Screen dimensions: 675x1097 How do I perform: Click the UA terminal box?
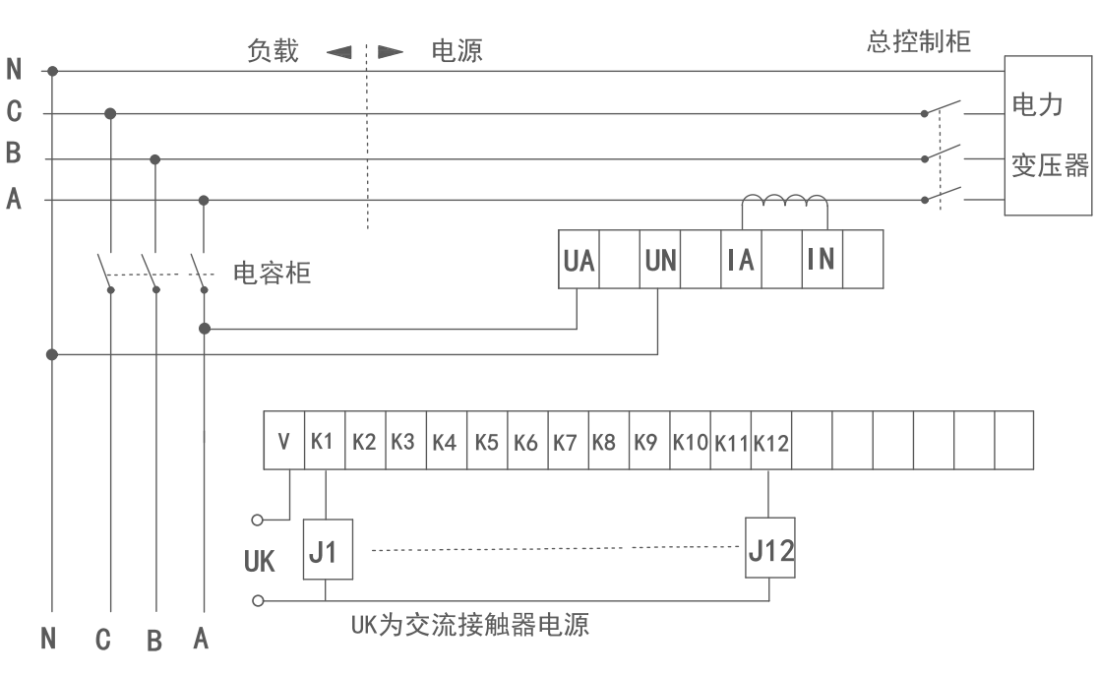coord(579,259)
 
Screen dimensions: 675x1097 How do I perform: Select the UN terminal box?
coord(659,259)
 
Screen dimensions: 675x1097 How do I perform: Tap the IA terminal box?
coord(741,259)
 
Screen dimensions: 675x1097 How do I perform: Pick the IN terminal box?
coord(822,259)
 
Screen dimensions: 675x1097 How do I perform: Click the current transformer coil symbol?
coord(784,204)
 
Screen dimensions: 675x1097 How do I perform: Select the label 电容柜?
coord(272,273)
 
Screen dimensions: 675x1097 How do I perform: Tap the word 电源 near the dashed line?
coord(457,51)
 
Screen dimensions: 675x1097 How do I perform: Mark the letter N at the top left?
coord(14,70)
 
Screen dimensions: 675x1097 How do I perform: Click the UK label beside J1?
coord(259,562)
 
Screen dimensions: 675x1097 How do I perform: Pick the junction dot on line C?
coord(110,114)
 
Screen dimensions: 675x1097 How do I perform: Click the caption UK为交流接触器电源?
coord(470,624)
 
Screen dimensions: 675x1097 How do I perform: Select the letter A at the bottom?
coord(201,641)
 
